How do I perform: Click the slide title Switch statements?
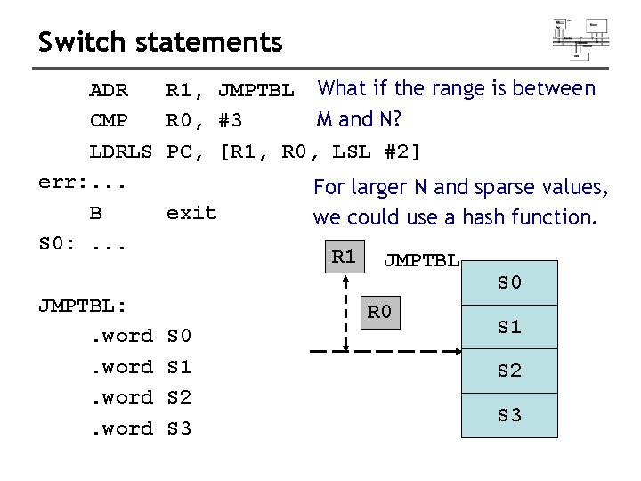[x=160, y=42]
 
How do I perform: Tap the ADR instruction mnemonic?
[x=109, y=90]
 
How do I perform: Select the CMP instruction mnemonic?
[x=109, y=120]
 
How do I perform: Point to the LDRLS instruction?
[x=121, y=151]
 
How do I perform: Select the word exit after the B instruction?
[x=191, y=213]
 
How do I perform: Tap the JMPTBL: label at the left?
[x=83, y=306]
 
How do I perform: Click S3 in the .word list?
[x=179, y=428]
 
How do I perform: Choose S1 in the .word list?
[x=179, y=367]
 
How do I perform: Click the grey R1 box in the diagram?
[x=344, y=257]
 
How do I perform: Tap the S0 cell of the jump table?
[x=509, y=282]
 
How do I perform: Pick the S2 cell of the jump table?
[x=509, y=371]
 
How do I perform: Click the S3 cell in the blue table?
[x=509, y=415]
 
